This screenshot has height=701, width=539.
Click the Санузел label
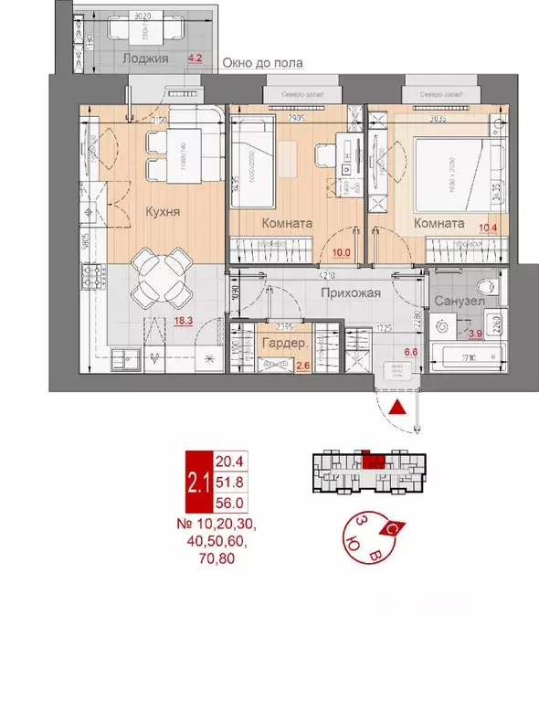tap(452, 301)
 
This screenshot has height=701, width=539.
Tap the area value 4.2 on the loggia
tap(194, 58)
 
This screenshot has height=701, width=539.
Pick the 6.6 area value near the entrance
tap(410, 350)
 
